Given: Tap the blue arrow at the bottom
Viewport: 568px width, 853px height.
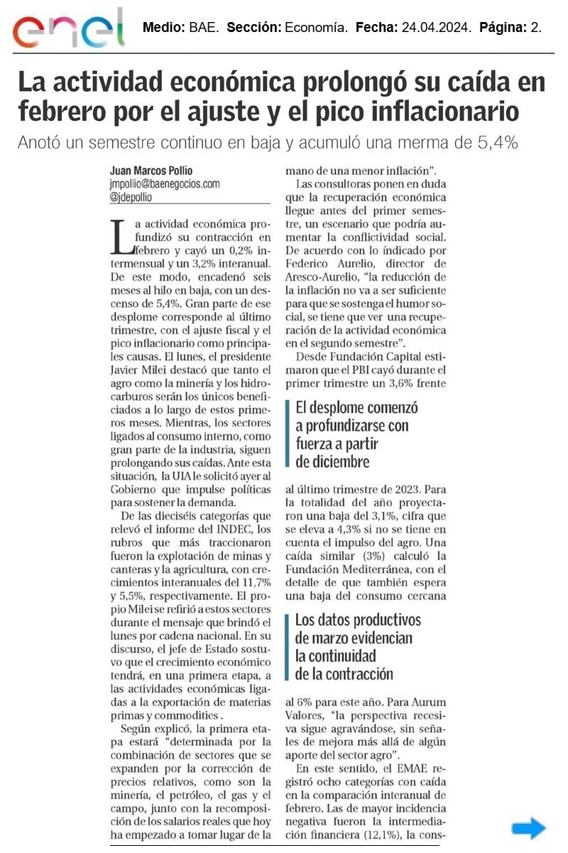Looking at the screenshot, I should tap(529, 828).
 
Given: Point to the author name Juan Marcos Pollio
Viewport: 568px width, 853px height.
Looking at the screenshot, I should tap(152, 171).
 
